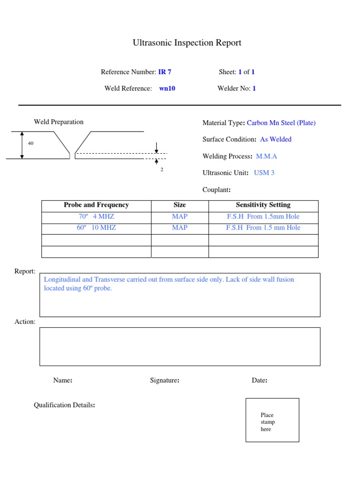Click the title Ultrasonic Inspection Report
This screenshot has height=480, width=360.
tap(187, 43)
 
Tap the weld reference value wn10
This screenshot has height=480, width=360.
tap(167, 89)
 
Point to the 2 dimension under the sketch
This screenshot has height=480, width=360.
tap(162, 170)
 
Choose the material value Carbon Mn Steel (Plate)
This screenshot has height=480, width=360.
tap(281, 123)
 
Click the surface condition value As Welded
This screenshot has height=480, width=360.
tap(276, 140)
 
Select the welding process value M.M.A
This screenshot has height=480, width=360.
tap(266, 157)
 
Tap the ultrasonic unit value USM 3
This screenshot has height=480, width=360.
tap(264, 173)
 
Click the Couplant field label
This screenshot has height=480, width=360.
tap(217, 190)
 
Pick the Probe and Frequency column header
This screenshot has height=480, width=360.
tap(96, 205)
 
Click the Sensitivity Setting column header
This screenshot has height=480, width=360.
tap(263, 205)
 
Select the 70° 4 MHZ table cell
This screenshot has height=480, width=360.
tap(96, 217)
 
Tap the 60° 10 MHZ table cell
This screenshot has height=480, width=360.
tap(96, 228)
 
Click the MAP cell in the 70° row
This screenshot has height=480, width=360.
tap(180, 217)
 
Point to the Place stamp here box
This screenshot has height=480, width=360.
tap(272, 420)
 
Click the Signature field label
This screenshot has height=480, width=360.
tap(165, 381)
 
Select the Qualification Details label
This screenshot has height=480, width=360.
tap(65, 405)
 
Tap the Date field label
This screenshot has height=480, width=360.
tap(260, 381)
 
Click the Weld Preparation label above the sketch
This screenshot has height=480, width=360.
tap(59, 122)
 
